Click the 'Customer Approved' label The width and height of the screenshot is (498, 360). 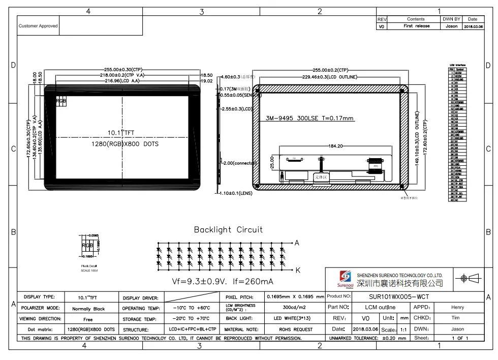click(x=38, y=26)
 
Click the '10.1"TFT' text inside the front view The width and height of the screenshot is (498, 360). click(x=121, y=133)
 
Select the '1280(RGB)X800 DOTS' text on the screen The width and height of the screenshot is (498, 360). click(x=121, y=144)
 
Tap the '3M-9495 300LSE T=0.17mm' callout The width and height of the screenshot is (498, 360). click(x=309, y=118)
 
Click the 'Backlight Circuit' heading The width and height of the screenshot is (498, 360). click(x=228, y=230)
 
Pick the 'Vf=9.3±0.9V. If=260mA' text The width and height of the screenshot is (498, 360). click(x=223, y=282)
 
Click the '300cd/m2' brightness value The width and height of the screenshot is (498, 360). click(x=295, y=307)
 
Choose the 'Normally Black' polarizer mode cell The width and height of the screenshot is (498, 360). click(x=88, y=309)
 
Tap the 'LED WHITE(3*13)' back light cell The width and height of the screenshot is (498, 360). click(x=295, y=318)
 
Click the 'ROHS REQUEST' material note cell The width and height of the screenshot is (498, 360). click(x=295, y=329)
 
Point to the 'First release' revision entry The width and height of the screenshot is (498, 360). click(x=416, y=26)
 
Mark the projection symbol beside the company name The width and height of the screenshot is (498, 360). click(x=470, y=278)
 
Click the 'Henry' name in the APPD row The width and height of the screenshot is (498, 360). click(x=457, y=307)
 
